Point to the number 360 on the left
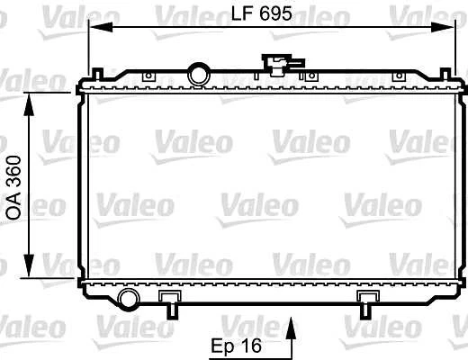(14, 169)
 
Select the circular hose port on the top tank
(197, 72)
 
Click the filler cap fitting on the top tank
(274, 63)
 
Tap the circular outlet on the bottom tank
(129, 299)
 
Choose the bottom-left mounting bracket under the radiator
(169, 301)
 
